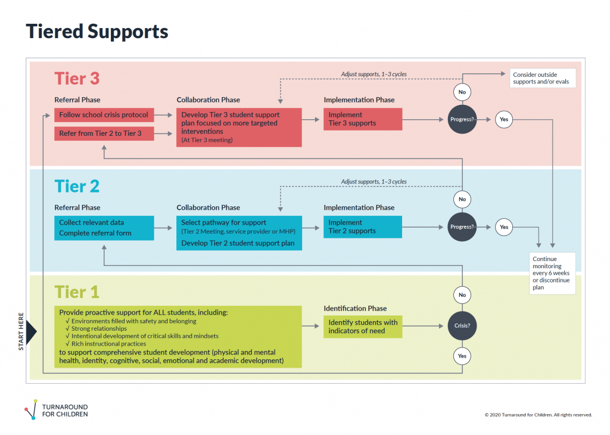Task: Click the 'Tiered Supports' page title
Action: tap(97, 32)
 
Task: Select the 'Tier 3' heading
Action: tap(77, 79)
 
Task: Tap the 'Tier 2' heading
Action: tap(77, 187)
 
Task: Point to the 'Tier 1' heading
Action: tap(77, 292)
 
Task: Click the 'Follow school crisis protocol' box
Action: tap(104, 115)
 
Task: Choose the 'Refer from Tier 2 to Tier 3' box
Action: tap(104, 133)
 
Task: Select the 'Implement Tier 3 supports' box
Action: tap(363, 119)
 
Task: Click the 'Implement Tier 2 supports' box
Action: tap(363, 227)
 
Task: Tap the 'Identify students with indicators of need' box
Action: tap(363, 327)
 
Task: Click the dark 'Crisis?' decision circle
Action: tap(462, 327)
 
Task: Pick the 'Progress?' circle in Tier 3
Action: tap(462, 120)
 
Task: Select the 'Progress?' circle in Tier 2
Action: tap(462, 227)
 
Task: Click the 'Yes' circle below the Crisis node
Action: tap(462, 356)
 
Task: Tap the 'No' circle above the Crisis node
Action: tap(462, 295)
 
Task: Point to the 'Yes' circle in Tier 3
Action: tap(504, 120)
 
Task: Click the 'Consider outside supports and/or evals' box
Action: tap(542, 79)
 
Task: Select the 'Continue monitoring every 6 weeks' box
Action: tap(552, 273)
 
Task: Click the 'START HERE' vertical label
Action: tap(22, 331)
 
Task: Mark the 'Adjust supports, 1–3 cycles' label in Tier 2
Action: tap(374, 182)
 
